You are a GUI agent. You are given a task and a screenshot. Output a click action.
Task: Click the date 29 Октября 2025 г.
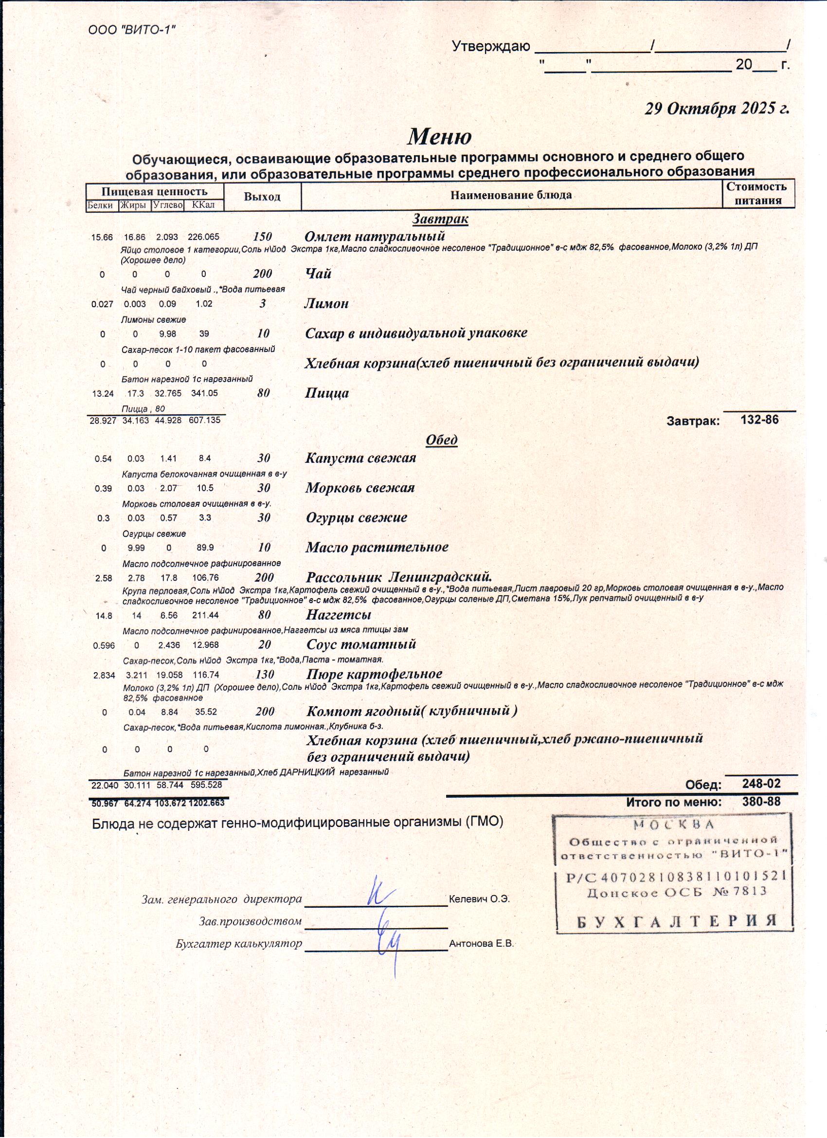click(x=717, y=109)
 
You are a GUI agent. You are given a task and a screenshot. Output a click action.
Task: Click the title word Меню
click(x=439, y=136)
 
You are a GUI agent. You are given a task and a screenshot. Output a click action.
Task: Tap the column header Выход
click(x=262, y=196)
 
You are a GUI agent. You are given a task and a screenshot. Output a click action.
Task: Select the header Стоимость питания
click(x=758, y=194)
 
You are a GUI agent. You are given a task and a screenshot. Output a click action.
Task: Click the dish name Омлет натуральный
click(x=375, y=236)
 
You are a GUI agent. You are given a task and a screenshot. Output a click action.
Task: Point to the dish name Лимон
click(x=326, y=304)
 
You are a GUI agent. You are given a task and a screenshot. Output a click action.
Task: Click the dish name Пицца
click(x=326, y=393)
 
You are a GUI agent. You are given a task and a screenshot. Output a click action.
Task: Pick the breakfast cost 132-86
click(x=759, y=420)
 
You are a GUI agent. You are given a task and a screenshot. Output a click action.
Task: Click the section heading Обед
click(x=441, y=440)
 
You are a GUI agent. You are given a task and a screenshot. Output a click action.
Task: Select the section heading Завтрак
click(x=440, y=219)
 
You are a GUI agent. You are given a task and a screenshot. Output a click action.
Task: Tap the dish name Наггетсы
click(x=339, y=615)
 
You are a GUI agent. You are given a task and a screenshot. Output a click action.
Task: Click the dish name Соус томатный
click(x=361, y=644)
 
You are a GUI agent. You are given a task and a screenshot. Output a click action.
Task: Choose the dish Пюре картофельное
click(x=374, y=674)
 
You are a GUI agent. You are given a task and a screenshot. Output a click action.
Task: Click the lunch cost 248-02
click(x=761, y=784)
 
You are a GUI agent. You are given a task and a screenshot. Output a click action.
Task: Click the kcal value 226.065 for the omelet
click(x=203, y=238)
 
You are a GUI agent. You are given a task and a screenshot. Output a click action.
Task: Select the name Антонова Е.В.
click(x=482, y=943)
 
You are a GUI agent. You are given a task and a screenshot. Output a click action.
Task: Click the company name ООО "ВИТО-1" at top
click(x=132, y=30)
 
